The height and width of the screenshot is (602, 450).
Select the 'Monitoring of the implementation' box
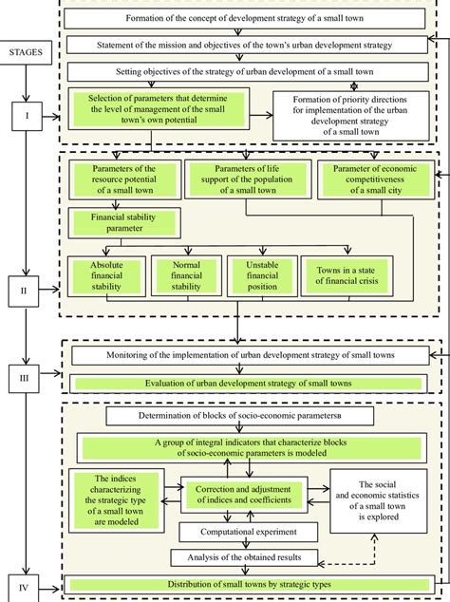250,355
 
